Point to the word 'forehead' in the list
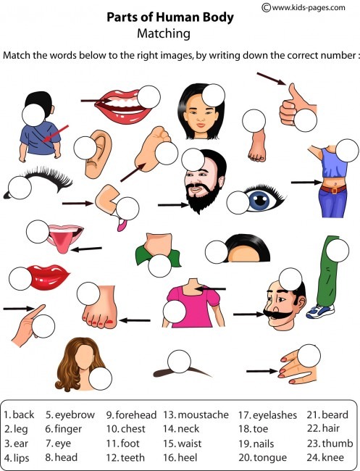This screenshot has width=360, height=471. (x=135, y=415)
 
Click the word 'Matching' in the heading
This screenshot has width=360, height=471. (x=164, y=33)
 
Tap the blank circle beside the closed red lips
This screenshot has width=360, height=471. (x=21, y=278)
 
